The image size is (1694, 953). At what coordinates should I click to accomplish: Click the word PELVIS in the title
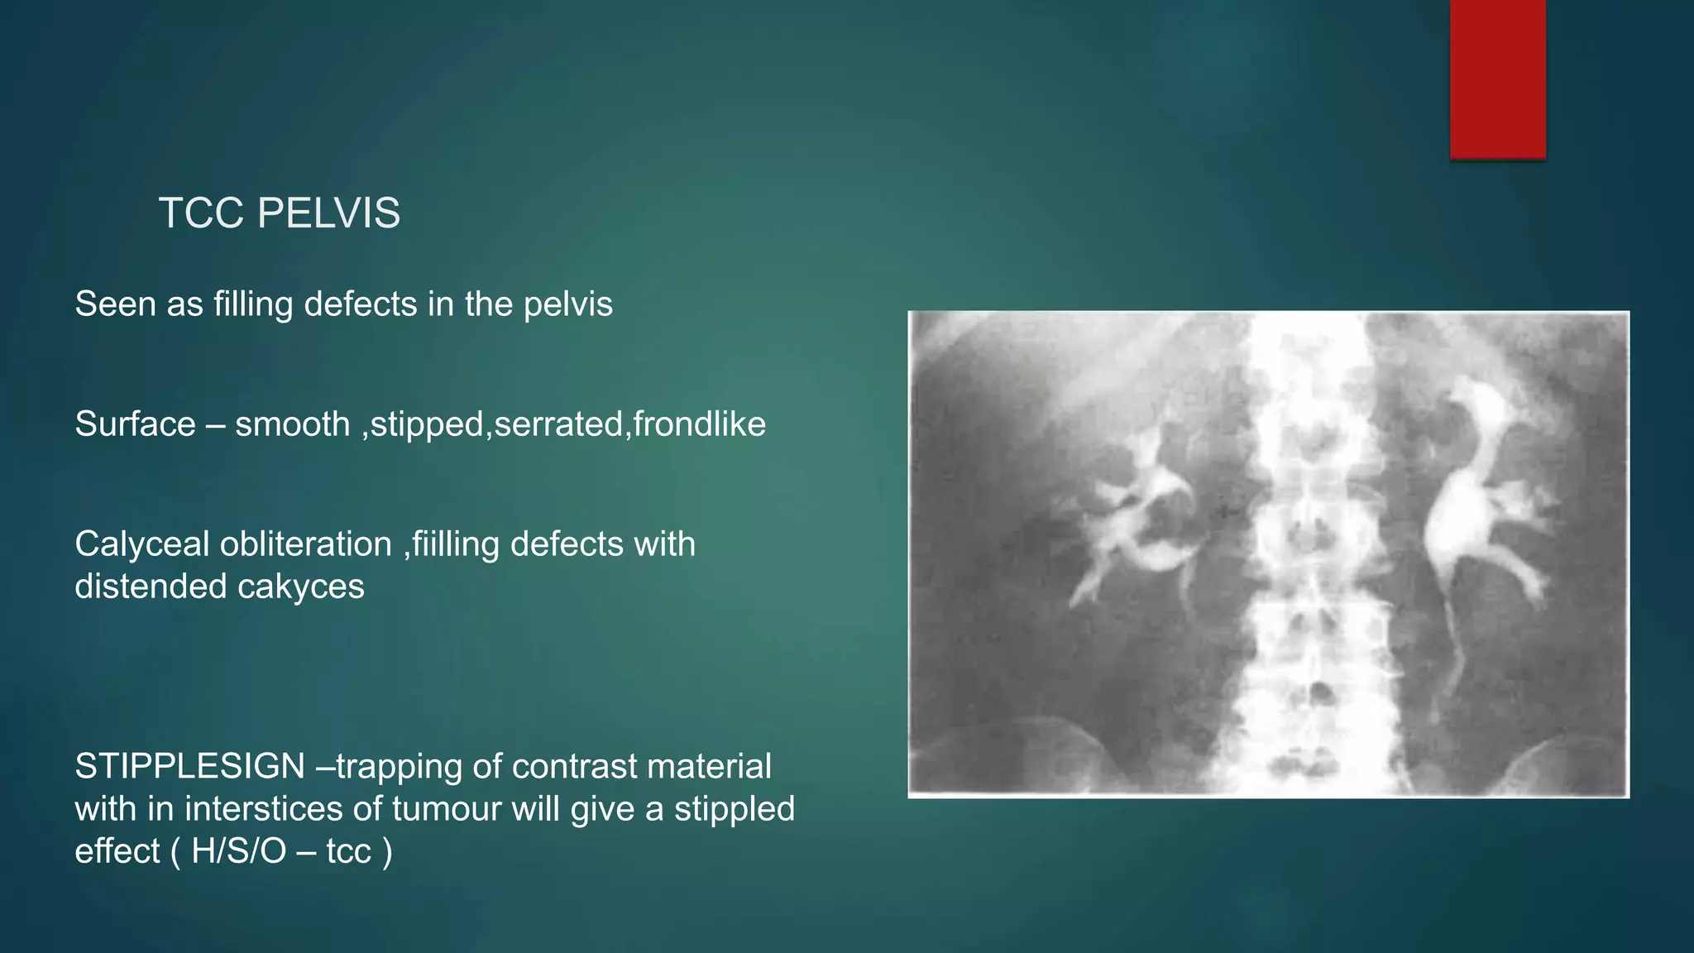pyautogui.click(x=328, y=213)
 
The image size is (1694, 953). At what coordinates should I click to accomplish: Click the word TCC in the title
pyautogui.click(x=199, y=213)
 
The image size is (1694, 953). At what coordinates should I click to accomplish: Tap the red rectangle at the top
pyautogui.click(x=1497, y=79)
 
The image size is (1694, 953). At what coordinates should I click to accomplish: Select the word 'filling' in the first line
pyautogui.click(x=253, y=304)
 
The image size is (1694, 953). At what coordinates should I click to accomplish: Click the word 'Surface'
pyautogui.click(x=135, y=424)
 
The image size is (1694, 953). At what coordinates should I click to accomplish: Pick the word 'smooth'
pyautogui.click(x=293, y=424)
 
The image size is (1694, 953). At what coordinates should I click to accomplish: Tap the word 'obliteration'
pyautogui.click(x=306, y=544)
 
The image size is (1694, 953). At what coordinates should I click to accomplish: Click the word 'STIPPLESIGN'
pyautogui.click(x=190, y=766)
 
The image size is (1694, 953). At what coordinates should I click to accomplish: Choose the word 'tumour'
pyautogui.click(x=446, y=808)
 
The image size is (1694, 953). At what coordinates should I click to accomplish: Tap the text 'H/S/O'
pyautogui.click(x=239, y=850)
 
